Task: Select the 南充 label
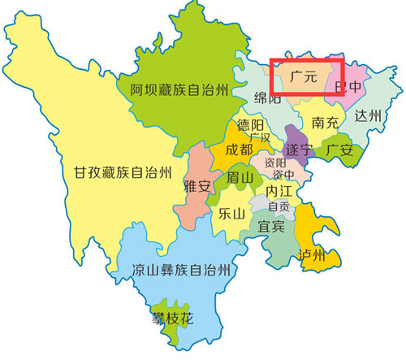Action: [x=324, y=124]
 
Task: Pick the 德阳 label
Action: [x=250, y=126]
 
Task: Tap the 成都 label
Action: [x=239, y=150]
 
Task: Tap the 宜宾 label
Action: [x=271, y=226]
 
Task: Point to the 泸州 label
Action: [x=311, y=255]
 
